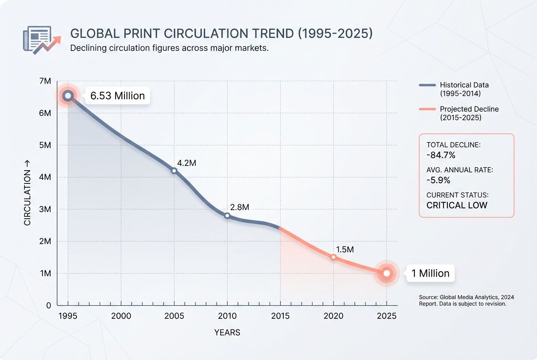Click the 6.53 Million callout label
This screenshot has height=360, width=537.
(x=117, y=96)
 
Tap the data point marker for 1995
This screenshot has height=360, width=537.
(x=68, y=96)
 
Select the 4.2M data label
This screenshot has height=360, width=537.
(x=187, y=163)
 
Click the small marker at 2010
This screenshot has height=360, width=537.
(x=227, y=216)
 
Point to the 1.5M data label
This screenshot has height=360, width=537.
(x=345, y=250)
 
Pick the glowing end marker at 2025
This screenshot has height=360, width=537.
(x=387, y=273)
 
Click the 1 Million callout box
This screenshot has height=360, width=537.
(x=430, y=273)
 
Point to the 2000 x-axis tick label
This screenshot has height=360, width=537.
(x=121, y=316)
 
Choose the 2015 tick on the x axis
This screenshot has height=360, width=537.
(x=280, y=316)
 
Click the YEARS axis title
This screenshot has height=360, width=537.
(x=227, y=333)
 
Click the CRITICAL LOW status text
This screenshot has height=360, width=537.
(x=457, y=205)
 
